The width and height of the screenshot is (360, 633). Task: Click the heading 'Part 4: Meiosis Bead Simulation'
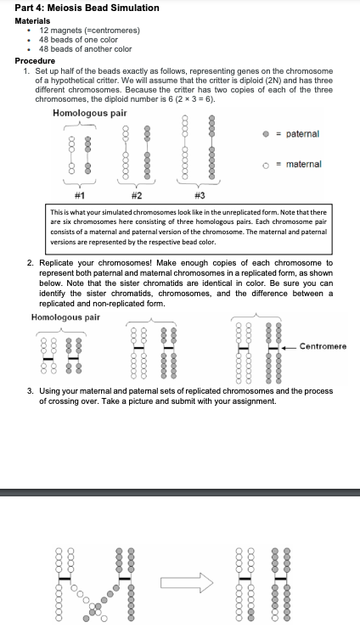point(87,8)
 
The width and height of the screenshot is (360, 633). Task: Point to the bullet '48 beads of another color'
point(86,49)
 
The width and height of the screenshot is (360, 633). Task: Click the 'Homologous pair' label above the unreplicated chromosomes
point(90,113)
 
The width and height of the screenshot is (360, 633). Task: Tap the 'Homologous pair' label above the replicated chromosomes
point(65,316)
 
